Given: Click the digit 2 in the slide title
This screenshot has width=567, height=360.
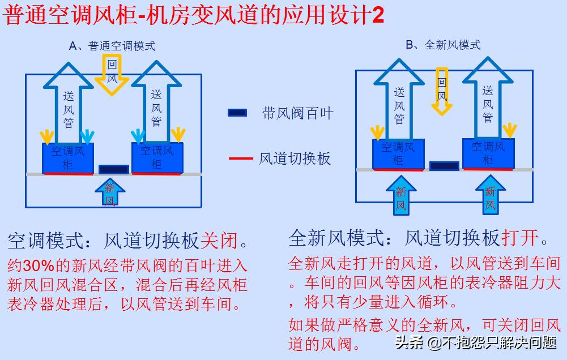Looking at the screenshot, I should (378, 15).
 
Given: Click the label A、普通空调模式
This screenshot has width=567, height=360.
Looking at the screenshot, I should (112, 46).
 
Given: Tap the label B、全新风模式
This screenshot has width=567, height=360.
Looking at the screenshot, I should (443, 45).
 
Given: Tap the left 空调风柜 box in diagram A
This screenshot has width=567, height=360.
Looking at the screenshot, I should (68, 157).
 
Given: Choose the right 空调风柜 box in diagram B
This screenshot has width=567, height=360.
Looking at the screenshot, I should (488, 153).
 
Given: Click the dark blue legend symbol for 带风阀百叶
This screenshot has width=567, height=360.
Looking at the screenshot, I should (237, 113).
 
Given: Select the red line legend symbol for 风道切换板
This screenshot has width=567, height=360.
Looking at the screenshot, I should (241, 158).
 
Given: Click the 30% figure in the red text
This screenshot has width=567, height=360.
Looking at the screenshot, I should (39, 265).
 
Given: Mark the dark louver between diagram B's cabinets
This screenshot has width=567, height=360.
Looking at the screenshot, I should (444, 166).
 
